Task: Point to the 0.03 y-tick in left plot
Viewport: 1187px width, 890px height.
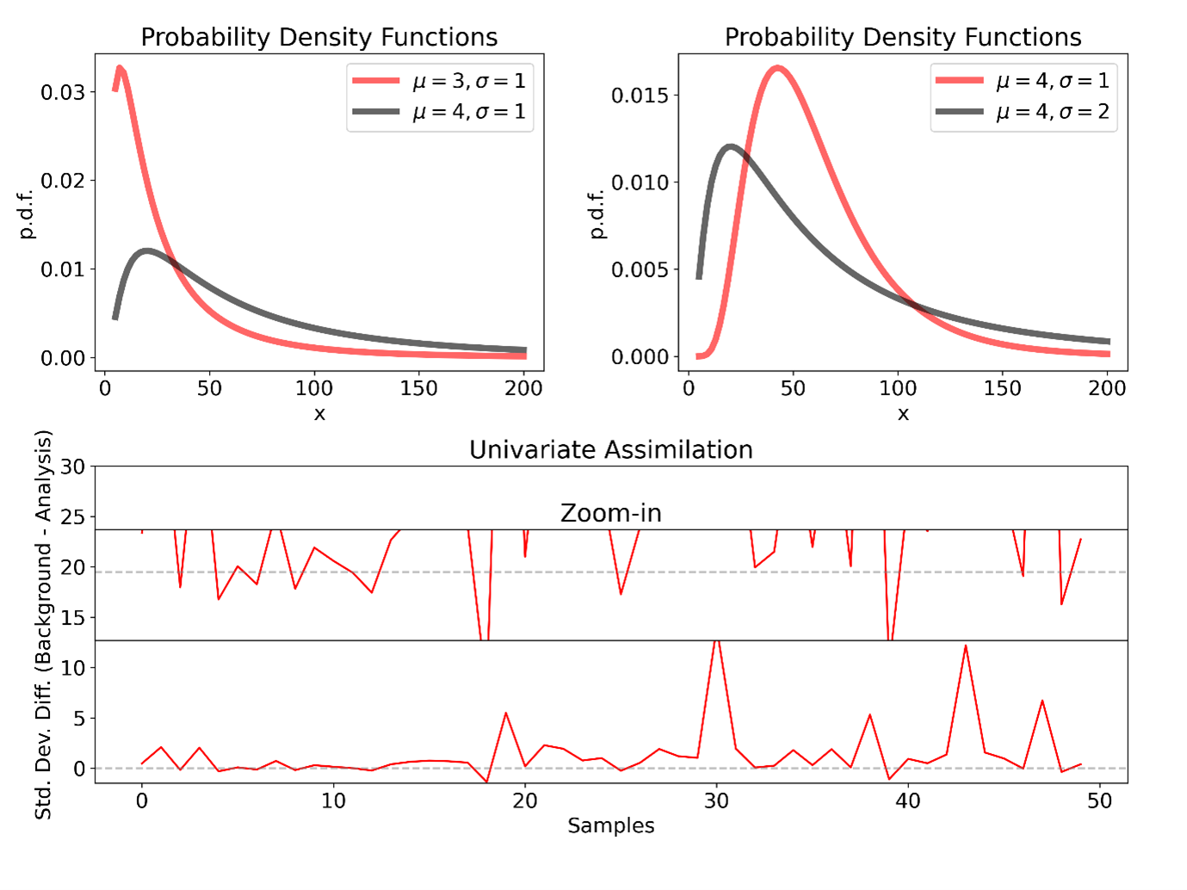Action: click(x=63, y=92)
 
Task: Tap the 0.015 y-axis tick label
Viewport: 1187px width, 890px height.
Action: click(x=640, y=95)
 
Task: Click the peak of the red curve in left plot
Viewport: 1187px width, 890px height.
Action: click(x=121, y=68)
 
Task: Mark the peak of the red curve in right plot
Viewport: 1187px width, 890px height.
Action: click(x=777, y=68)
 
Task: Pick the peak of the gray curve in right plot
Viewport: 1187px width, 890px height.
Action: click(x=731, y=147)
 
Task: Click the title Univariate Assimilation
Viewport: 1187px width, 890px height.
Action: click(x=610, y=449)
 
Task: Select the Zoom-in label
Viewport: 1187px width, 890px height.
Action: click(x=610, y=513)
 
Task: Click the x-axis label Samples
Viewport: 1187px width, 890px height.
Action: click(x=610, y=825)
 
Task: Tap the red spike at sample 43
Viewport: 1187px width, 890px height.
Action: click(x=966, y=646)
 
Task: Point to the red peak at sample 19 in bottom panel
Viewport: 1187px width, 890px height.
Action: click(x=506, y=714)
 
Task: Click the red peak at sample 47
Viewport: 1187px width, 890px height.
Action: click(x=1042, y=701)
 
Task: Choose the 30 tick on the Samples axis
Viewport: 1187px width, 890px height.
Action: click(x=716, y=800)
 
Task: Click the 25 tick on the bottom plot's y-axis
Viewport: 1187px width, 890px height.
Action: click(x=73, y=517)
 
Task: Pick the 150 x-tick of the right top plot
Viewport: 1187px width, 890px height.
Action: click(x=1002, y=388)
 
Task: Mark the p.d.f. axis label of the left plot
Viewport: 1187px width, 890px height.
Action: click(x=27, y=214)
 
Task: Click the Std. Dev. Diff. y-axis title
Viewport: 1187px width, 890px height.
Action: click(x=43, y=624)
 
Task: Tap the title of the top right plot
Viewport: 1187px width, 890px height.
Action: click(x=902, y=37)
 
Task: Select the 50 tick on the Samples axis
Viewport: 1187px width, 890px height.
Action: click(x=1099, y=800)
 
